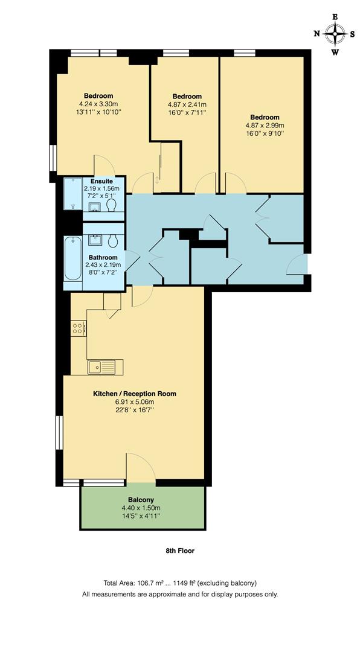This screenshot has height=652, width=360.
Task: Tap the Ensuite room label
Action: tap(101, 181)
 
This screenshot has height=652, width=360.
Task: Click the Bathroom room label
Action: tap(103, 257)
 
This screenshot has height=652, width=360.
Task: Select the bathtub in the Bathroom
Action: tap(72, 259)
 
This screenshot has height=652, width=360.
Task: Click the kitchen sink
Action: tap(96, 366)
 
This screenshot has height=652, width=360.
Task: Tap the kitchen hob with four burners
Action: tap(77, 328)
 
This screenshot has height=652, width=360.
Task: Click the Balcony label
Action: tap(141, 500)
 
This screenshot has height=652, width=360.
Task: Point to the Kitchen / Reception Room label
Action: tap(135, 394)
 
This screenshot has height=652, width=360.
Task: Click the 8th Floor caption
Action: tap(180, 551)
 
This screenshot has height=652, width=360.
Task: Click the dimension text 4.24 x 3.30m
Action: tap(98, 104)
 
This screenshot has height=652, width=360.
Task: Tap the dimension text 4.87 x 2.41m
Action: tap(187, 104)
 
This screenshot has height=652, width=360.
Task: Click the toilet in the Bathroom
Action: tap(112, 241)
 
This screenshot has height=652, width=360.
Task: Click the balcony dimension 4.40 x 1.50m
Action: tap(141, 508)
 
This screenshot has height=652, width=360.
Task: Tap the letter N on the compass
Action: tap(317, 34)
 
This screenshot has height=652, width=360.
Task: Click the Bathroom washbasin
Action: tap(95, 240)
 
